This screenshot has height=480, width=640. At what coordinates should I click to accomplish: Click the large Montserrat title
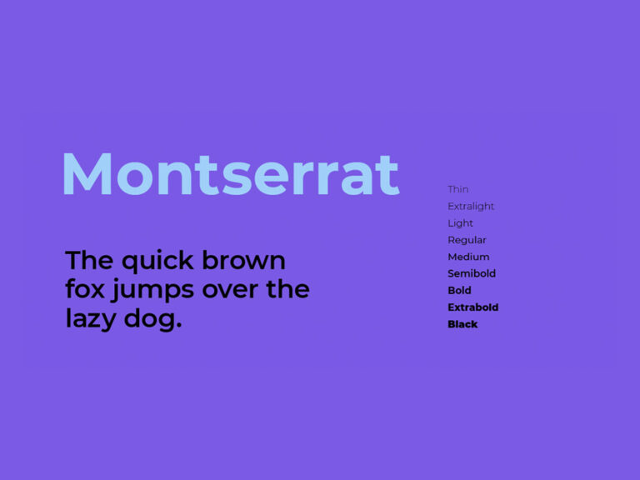pyautogui.click(x=230, y=174)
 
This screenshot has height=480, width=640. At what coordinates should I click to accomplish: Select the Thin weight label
pyautogui.click(x=457, y=189)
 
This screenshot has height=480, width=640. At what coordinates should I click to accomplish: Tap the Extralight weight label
pyautogui.click(x=471, y=206)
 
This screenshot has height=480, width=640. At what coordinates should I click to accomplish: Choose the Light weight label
pyautogui.click(x=460, y=223)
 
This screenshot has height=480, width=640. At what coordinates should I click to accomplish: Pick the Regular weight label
pyautogui.click(x=467, y=240)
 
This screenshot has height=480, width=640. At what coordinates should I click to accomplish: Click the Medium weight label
pyautogui.click(x=468, y=257)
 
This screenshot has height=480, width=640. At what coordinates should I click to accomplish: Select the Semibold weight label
pyautogui.click(x=472, y=273)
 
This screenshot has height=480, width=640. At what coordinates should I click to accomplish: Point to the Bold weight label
pyautogui.click(x=459, y=290)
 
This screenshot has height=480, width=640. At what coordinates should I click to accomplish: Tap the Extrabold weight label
pyautogui.click(x=472, y=307)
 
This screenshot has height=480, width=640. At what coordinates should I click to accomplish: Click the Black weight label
pyautogui.click(x=462, y=324)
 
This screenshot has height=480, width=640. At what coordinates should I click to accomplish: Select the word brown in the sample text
pyautogui.click(x=244, y=261)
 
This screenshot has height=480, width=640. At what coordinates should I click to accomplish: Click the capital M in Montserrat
pyautogui.click(x=88, y=174)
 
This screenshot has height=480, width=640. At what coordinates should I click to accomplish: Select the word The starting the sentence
pyautogui.click(x=89, y=261)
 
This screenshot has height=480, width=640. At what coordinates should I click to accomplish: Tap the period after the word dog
pyautogui.click(x=178, y=326)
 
